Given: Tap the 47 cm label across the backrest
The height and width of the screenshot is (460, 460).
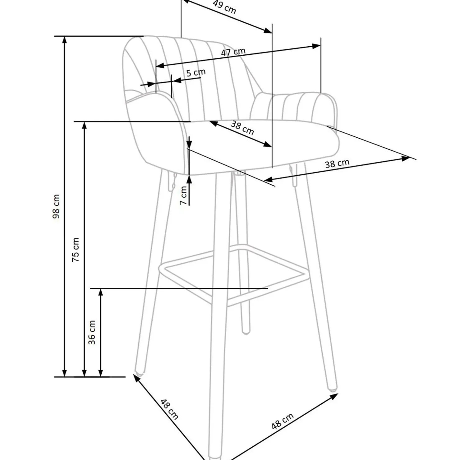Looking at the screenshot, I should pos(233,52).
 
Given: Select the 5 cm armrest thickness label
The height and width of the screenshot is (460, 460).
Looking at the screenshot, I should pos(196,73).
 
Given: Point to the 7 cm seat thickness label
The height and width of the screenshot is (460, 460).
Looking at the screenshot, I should pos(184,195).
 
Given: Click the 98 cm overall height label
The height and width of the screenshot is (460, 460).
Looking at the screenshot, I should pos(56,206).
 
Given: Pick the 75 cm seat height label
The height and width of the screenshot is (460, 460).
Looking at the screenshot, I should pos(76,249).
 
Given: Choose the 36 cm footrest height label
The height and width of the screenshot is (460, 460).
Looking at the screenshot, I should pos(92,332).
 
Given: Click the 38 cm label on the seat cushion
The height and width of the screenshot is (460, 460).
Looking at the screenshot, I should pos(242,128).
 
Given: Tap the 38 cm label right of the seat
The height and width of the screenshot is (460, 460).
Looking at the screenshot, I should pos(337,163).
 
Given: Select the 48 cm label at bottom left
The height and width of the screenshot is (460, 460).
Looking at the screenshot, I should pos(169,409).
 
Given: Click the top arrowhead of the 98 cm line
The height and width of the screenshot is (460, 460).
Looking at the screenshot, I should pos(65,39).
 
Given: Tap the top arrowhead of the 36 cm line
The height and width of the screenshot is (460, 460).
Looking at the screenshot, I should pos(100,292).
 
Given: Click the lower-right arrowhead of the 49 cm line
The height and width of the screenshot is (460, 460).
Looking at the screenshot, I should pos(268,30).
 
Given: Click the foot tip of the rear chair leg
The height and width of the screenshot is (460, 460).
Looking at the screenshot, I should pos(246,332).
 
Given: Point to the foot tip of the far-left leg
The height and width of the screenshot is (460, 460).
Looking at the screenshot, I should pos(139,371).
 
